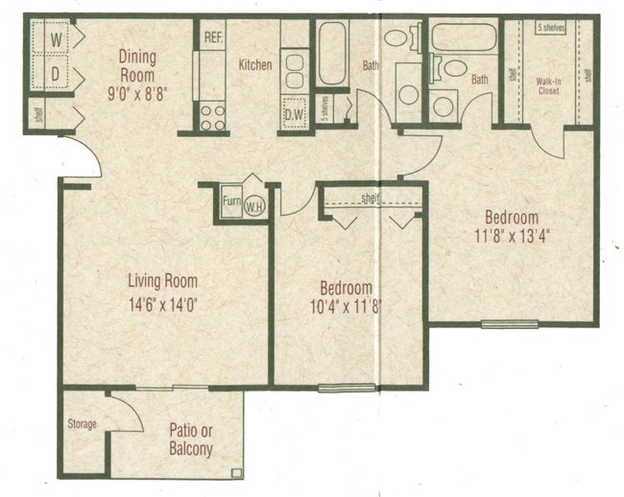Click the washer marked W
pos(56,39)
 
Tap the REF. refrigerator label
pos(213,37)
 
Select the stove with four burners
pos(212,117)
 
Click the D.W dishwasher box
pos(294,117)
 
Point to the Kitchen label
pos(255,65)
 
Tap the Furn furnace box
pos(231,201)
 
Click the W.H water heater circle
pos(253,205)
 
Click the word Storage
pos(82,424)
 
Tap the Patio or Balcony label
pos(191,439)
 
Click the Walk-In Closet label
pos(548,86)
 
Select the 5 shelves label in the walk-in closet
pos(551,29)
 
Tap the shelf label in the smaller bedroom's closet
pos(371,199)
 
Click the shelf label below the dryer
pos(37,116)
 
